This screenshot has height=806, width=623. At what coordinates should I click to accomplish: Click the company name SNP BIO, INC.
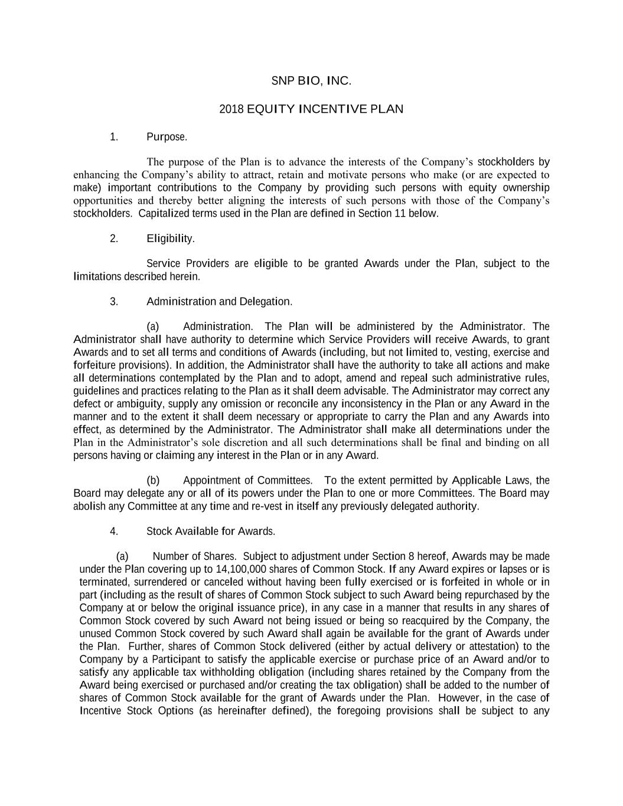[311, 81]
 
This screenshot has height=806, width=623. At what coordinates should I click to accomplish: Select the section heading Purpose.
[167, 138]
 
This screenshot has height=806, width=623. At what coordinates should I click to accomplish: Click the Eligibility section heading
[170, 239]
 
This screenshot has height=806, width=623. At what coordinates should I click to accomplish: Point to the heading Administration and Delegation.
[219, 302]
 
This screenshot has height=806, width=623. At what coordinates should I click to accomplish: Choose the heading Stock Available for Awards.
[210, 531]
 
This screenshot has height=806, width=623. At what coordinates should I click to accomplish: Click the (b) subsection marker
[153, 481]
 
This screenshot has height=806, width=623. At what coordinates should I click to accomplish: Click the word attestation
[487, 647]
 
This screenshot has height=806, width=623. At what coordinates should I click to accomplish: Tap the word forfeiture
[94, 365]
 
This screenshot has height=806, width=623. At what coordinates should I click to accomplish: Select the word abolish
[90, 506]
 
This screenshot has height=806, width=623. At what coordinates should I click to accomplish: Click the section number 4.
[113, 531]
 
